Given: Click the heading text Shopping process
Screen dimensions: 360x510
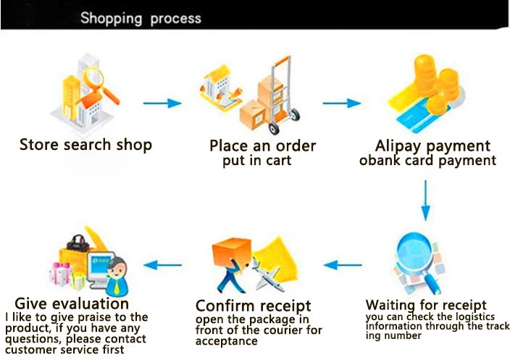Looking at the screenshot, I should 141,17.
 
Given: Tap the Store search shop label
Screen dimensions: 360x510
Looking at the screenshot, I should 85,145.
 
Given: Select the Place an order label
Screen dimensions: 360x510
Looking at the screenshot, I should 262,146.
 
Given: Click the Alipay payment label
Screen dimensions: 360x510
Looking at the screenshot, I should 432,146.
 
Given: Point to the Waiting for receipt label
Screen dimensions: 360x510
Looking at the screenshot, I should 426,304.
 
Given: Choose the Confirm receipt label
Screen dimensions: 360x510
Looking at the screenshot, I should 253,305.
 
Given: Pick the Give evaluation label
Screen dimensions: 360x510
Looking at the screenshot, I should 72,303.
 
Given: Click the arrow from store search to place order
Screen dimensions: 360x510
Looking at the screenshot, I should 162,103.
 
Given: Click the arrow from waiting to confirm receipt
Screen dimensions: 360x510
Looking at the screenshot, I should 342,264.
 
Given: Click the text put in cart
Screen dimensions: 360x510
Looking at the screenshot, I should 256,161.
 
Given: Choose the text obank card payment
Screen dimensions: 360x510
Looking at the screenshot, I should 427,161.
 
